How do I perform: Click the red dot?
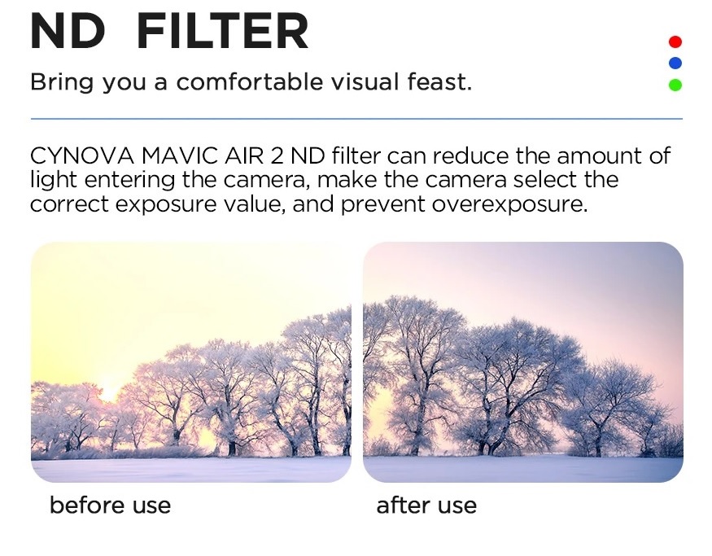click(x=675, y=42)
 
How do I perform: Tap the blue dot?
click(x=675, y=63)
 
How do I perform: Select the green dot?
click(x=675, y=85)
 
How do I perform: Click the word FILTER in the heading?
click(x=222, y=32)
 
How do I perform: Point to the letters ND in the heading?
click(x=68, y=32)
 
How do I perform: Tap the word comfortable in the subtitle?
click(x=249, y=81)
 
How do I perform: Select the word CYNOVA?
click(x=82, y=155)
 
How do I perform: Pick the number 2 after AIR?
click(x=277, y=155)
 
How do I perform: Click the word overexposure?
click(x=509, y=204)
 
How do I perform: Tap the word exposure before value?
click(x=166, y=204)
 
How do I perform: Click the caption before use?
click(x=111, y=506)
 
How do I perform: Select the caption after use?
click(x=426, y=506)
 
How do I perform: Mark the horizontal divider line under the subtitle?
click(x=356, y=119)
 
